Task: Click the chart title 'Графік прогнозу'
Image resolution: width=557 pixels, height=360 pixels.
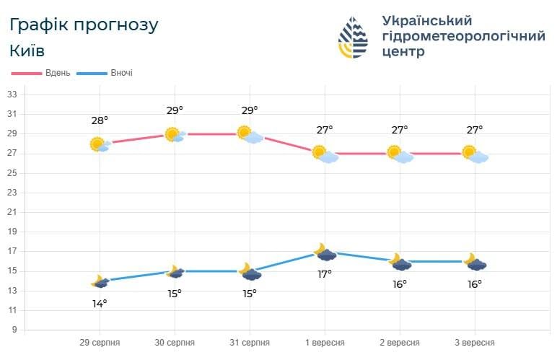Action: click(84, 25)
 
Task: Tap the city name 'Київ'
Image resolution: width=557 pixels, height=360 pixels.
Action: click(27, 51)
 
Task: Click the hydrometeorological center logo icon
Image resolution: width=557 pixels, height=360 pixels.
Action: click(354, 38)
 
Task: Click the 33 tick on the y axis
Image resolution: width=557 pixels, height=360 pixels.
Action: click(12, 95)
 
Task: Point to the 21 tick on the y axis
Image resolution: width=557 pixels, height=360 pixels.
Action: click(12, 212)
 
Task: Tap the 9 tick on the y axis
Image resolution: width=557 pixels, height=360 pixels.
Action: click(13, 330)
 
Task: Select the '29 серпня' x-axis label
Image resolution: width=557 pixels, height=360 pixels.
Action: click(100, 342)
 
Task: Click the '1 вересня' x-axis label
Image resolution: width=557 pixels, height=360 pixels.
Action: click(325, 342)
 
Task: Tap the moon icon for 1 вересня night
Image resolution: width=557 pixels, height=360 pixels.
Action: click(325, 252)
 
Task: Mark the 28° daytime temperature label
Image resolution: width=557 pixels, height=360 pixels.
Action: click(100, 120)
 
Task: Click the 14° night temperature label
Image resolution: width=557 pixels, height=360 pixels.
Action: click(100, 303)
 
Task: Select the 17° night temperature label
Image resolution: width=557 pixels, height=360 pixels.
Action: click(325, 274)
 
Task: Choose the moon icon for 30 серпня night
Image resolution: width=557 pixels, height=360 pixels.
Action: click(175, 271)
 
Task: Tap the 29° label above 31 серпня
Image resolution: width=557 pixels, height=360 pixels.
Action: click(250, 110)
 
